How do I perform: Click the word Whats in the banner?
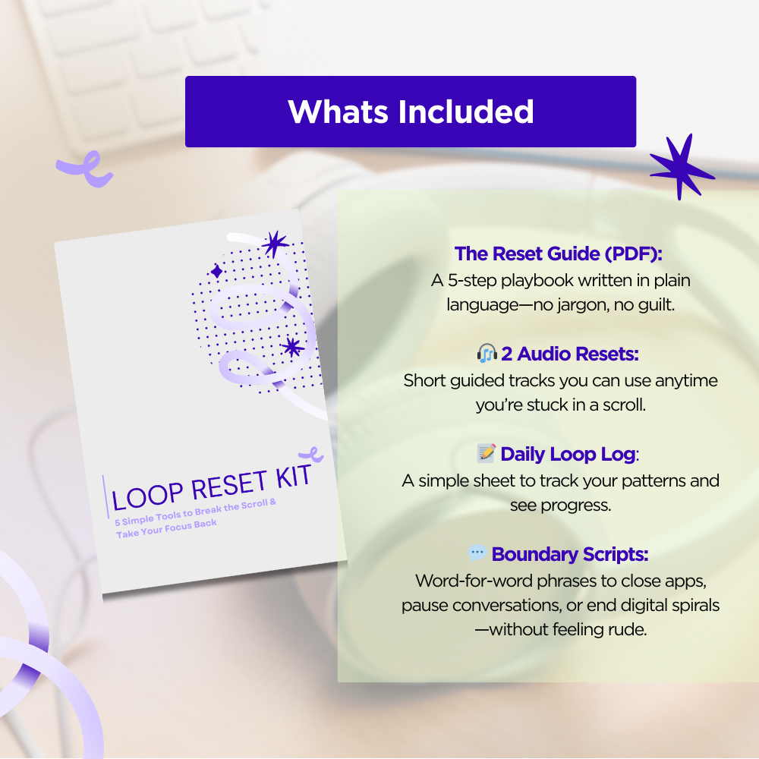pos(338,112)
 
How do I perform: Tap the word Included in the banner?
pos(466,112)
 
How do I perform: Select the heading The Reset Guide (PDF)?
pos(558,254)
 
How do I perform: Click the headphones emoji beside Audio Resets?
pos(487,354)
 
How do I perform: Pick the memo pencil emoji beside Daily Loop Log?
pos(487,453)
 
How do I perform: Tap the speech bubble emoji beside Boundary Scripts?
pos(477,553)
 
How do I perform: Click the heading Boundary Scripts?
pos(570,554)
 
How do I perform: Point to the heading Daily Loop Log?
pos(568,454)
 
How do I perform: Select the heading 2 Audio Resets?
pos(570,354)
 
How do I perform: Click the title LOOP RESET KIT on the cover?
pos(211,488)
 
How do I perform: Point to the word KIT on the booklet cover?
pos(293,477)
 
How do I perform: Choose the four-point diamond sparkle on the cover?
pos(217,271)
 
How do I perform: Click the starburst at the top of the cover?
pos(276,244)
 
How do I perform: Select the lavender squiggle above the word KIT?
pos(311,455)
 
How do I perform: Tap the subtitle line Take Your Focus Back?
pos(166,528)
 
